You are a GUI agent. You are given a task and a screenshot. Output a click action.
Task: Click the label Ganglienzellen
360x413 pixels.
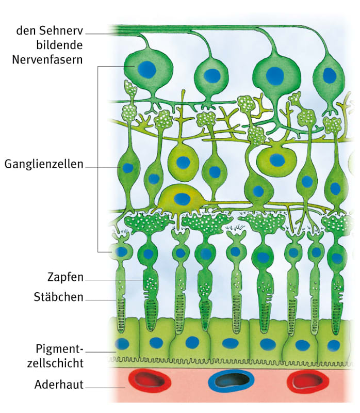pos(44,165)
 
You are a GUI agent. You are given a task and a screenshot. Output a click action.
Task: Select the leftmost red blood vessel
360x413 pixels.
pos(150,380)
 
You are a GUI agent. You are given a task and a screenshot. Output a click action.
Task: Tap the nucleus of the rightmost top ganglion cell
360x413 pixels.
pos(329,75)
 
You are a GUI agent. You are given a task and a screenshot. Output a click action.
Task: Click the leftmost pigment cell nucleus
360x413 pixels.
pos(122,344)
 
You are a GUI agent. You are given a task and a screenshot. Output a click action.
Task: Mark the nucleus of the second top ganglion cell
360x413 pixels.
pos(211,76)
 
